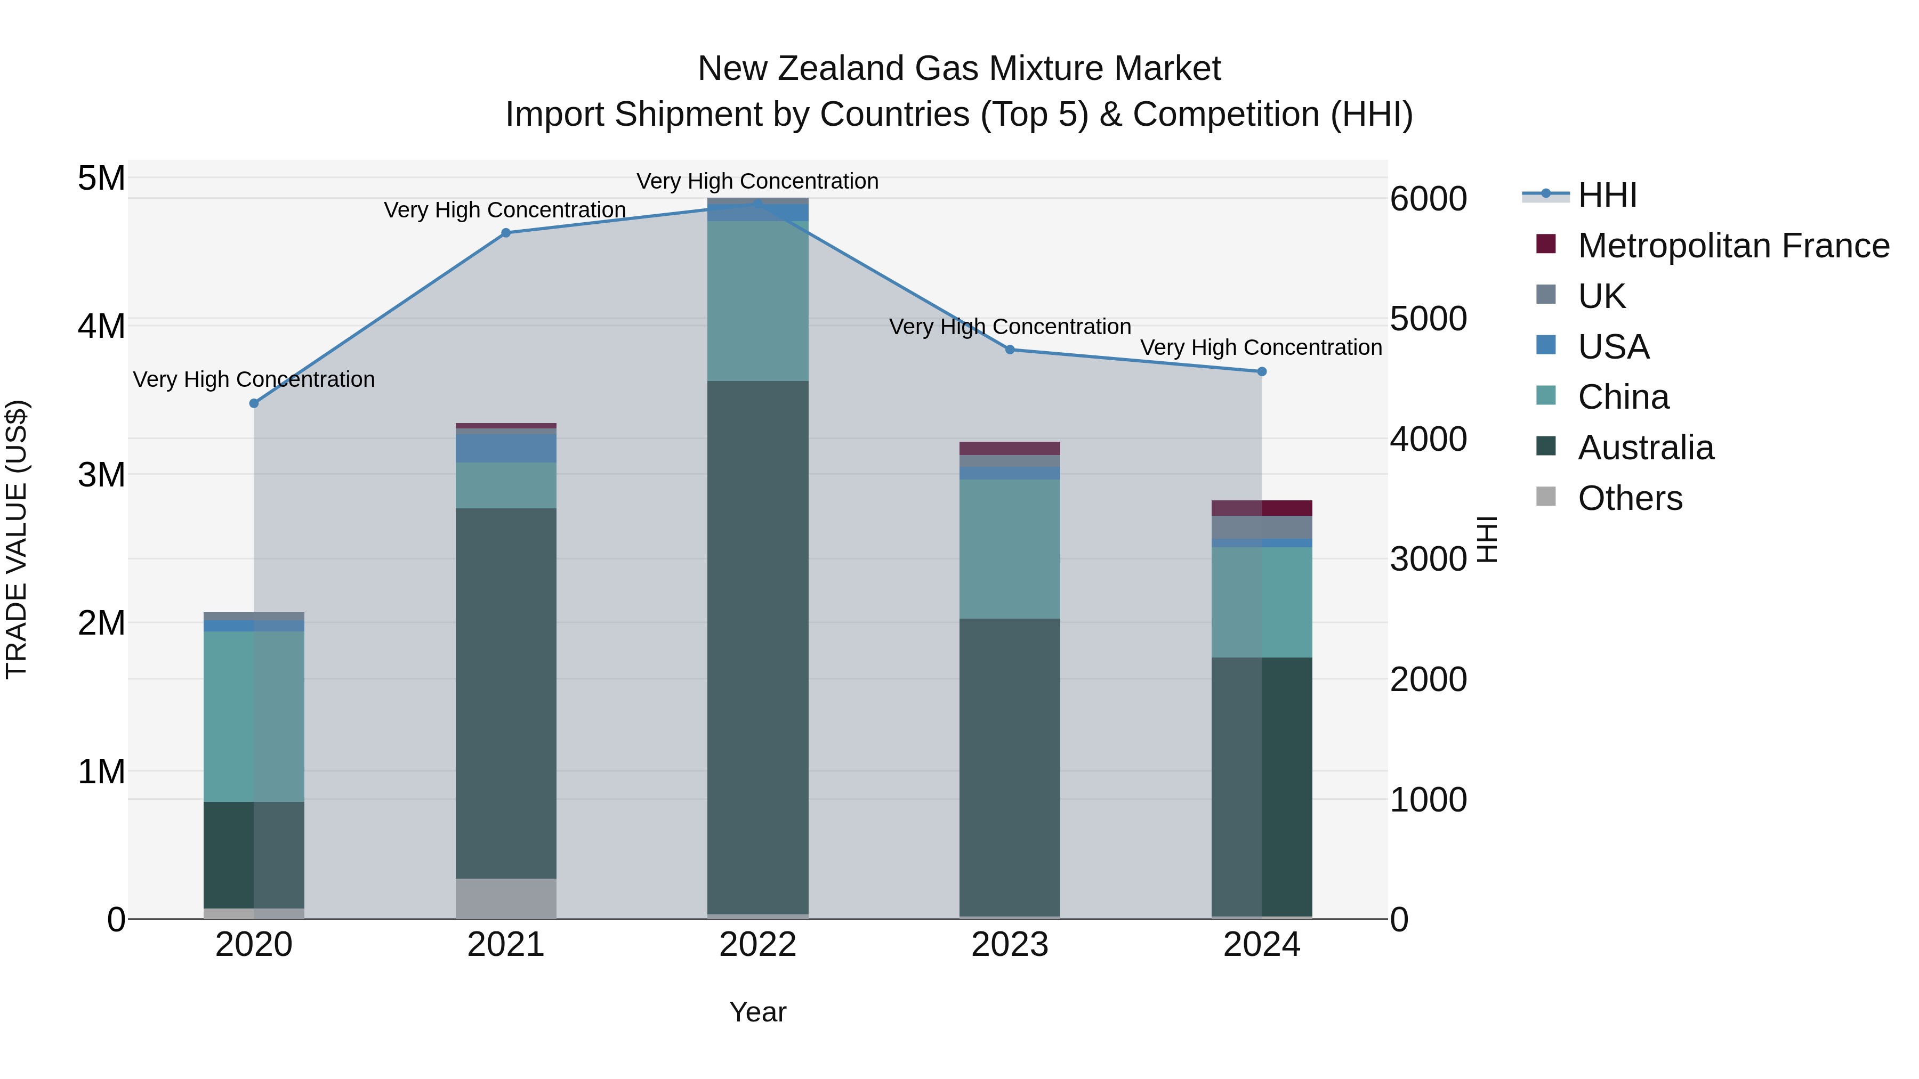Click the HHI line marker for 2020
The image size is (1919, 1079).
(x=254, y=403)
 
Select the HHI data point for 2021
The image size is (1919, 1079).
(x=506, y=233)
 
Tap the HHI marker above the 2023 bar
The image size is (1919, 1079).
(x=1010, y=349)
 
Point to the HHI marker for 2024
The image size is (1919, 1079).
(x=1262, y=371)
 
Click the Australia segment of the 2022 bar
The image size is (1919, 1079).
(x=757, y=648)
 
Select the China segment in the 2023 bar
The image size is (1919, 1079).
(x=1010, y=549)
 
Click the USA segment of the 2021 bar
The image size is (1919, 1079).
(x=506, y=448)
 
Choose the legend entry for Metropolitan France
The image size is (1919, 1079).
(x=1733, y=246)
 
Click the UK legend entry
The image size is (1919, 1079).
(x=1602, y=296)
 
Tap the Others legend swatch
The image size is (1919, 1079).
(x=1546, y=497)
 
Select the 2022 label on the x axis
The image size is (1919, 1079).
(x=757, y=945)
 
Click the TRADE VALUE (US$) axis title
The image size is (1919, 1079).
(x=17, y=539)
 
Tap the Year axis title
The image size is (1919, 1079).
(x=757, y=1012)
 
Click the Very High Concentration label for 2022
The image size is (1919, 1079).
(x=757, y=181)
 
